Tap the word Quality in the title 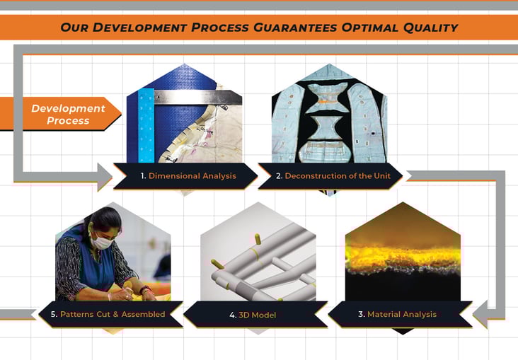coord(425,28)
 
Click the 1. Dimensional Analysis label coord(188,175)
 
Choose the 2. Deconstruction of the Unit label coord(333,175)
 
